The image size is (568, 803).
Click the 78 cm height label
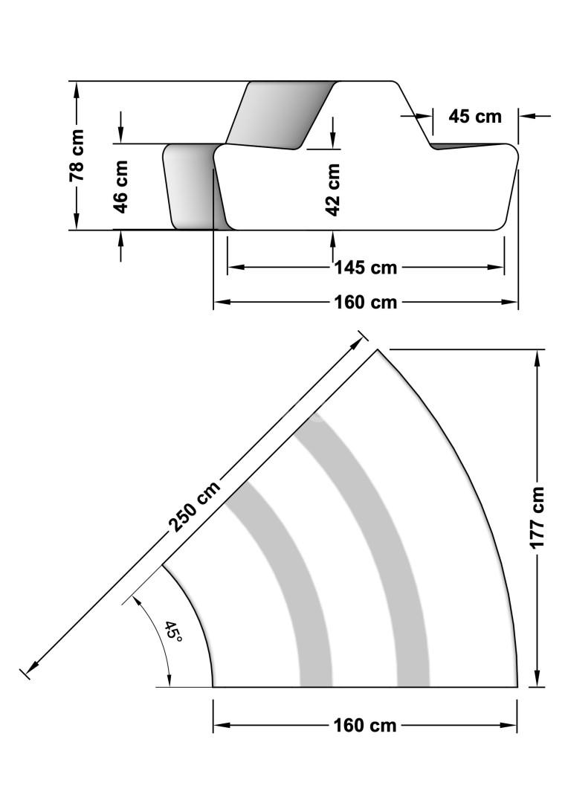(77, 155)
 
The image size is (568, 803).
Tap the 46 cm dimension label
(120, 187)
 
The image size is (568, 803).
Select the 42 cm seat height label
(333, 190)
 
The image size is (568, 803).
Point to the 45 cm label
(475, 116)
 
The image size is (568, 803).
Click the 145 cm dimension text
(366, 268)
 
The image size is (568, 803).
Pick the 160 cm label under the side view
(366, 302)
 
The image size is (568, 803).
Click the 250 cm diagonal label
(195, 506)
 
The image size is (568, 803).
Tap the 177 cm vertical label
(537, 517)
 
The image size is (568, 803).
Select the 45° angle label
(173, 633)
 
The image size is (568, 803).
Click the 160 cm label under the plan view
(365, 725)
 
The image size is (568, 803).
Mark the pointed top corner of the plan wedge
(378, 349)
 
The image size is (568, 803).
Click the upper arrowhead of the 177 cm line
(537, 358)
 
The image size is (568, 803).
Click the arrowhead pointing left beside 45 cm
(528, 116)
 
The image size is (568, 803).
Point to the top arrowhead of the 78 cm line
(77, 90)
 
